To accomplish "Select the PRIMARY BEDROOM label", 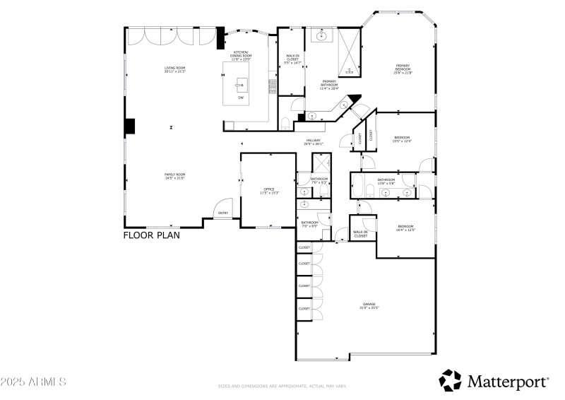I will click(x=403, y=69).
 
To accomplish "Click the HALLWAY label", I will click(x=314, y=142).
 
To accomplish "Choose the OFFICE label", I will click(x=268, y=191).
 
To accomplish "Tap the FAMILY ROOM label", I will click(x=174, y=176).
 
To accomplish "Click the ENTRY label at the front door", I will click(x=223, y=213).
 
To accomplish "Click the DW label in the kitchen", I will click(x=241, y=97).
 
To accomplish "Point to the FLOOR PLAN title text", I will click(x=151, y=235).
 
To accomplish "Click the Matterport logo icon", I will click(x=450, y=381).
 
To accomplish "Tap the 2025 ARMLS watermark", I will click(x=33, y=382).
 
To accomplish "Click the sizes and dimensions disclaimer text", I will click(x=282, y=386).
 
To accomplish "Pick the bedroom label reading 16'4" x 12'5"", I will click(x=405, y=228).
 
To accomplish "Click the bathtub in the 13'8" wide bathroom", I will click(x=357, y=189).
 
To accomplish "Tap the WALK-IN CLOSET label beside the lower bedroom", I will click(x=361, y=233).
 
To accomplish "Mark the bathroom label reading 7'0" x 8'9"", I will click(x=310, y=224).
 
